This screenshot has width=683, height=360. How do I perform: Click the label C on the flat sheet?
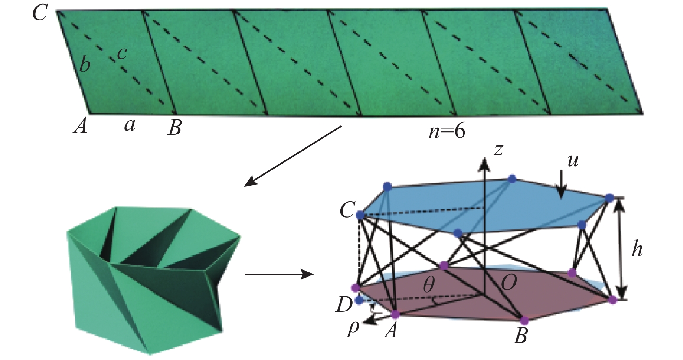pyautogui.click(x=39, y=13)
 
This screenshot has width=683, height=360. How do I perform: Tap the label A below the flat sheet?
pyautogui.click(x=81, y=127)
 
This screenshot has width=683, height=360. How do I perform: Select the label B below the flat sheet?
pyautogui.click(x=175, y=128)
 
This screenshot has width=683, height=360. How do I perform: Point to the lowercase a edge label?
pyautogui.click(x=129, y=126)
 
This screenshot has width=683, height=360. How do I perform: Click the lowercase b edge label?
pyautogui.click(x=85, y=65)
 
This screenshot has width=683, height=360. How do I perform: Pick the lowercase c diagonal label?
pyautogui.click(x=122, y=53)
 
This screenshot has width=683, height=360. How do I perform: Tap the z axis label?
pyautogui.click(x=499, y=150)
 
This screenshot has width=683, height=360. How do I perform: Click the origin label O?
pyautogui.click(x=508, y=283)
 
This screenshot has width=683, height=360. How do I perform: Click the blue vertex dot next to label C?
pyautogui.click(x=359, y=215)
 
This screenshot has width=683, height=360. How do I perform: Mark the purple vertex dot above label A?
pyautogui.click(x=395, y=313)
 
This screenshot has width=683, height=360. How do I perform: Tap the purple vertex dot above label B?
pyautogui.click(x=524, y=321)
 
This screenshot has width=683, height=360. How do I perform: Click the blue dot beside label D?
pyautogui.click(x=359, y=300)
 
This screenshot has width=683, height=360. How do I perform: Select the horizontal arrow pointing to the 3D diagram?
pyautogui.click(x=279, y=275)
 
